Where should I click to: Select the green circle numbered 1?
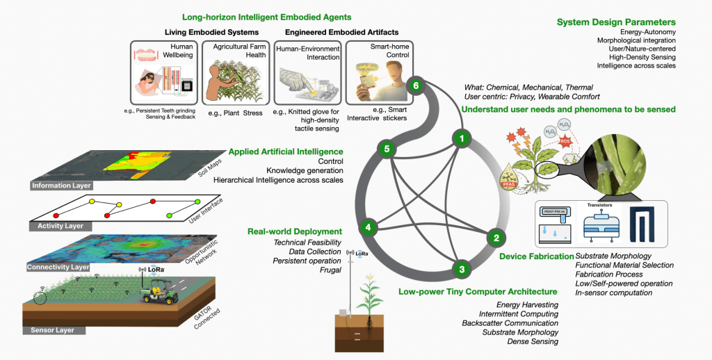[x=460, y=138]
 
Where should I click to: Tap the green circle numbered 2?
[x=496, y=238]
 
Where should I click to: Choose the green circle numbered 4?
[x=369, y=226]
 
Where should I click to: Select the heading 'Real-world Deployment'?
[x=295, y=231]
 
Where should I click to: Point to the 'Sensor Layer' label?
[x=53, y=329]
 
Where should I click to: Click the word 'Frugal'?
[x=330, y=270]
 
